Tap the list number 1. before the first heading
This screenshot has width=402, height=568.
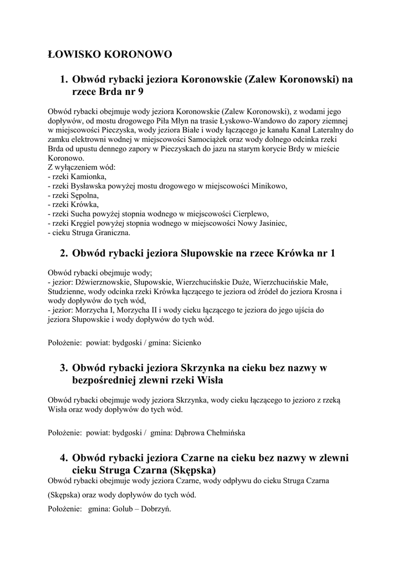[x=64, y=79]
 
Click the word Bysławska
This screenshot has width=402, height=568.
[x=91, y=186]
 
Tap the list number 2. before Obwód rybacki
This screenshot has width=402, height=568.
[x=64, y=253]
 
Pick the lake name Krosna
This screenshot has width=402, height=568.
[x=323, y=291]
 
